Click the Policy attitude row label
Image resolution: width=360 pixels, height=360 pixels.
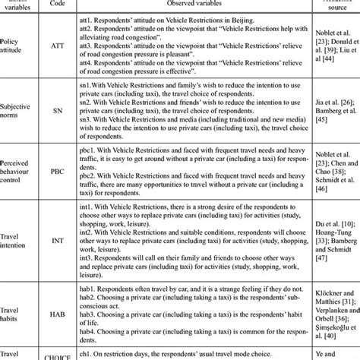tap(14, 46)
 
